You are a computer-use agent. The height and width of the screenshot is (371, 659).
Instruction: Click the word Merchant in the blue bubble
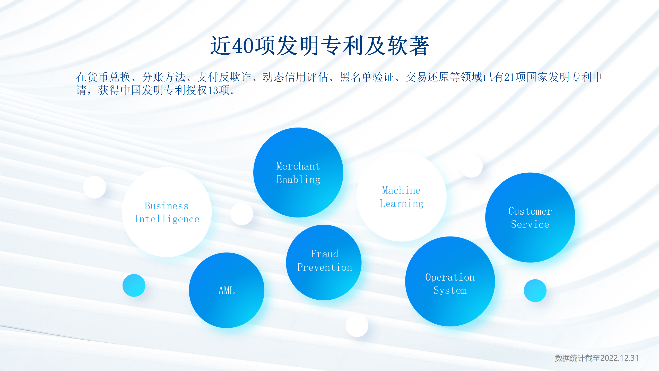pos(298,166)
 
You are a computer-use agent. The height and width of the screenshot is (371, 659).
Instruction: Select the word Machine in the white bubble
pos(401,190)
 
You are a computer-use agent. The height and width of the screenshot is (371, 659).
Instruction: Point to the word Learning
pos(402,204)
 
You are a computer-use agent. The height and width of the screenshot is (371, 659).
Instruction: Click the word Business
pos(167,206)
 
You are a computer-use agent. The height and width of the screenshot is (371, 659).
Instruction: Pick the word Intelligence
pos(167,219)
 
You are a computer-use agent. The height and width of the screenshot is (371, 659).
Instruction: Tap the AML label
pos(227,291)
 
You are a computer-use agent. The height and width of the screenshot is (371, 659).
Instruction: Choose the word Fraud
pos(324,254)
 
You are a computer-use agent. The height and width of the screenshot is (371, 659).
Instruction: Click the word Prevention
pos(325,267)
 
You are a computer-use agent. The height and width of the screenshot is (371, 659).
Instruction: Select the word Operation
pos(450,277)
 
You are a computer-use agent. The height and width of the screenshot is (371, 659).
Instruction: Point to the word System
pos(450,291)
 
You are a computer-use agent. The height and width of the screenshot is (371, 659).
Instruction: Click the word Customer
pos(530,211)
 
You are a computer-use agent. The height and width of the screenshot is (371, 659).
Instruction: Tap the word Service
pos(530,224)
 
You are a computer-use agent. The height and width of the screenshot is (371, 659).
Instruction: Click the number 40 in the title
pos(243,46)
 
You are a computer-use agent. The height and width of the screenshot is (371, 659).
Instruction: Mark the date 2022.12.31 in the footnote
pos(620,358)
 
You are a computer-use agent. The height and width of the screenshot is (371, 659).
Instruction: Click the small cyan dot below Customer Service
pos(535,291)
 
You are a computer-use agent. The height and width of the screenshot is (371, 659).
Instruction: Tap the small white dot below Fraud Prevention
pos(357,326)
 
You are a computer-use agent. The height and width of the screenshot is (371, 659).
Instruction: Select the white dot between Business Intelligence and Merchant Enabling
pos(242,214)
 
